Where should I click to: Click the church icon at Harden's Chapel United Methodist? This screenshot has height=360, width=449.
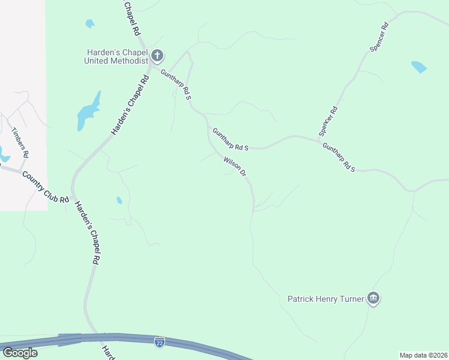[x=157, y=56]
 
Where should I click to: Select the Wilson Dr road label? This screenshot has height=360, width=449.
[x=235, y=167]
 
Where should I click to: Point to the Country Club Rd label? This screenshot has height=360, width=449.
[x=45, y=187]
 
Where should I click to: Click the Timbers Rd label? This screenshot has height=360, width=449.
[x=20, y=142]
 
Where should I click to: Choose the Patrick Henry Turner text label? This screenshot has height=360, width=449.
[x=325, y=298]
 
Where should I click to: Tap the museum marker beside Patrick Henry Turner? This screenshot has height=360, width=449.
[x=373, y=298]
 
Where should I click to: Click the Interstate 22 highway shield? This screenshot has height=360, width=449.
[x=159, y=342]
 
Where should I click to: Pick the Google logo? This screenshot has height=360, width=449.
[x=20, y=352]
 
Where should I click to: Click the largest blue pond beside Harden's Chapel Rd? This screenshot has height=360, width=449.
[x=88, y=112]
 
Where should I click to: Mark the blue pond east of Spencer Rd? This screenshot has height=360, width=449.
[x=418, y=67]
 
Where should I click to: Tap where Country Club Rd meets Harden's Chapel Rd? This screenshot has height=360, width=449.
[x=72, y=197]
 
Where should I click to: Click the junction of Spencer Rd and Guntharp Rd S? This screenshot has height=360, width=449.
[x=318, y=140]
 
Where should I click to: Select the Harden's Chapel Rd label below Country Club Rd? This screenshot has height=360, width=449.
[x=86, y=233]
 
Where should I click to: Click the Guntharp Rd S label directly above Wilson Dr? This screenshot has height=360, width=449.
[x=230, y=139]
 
